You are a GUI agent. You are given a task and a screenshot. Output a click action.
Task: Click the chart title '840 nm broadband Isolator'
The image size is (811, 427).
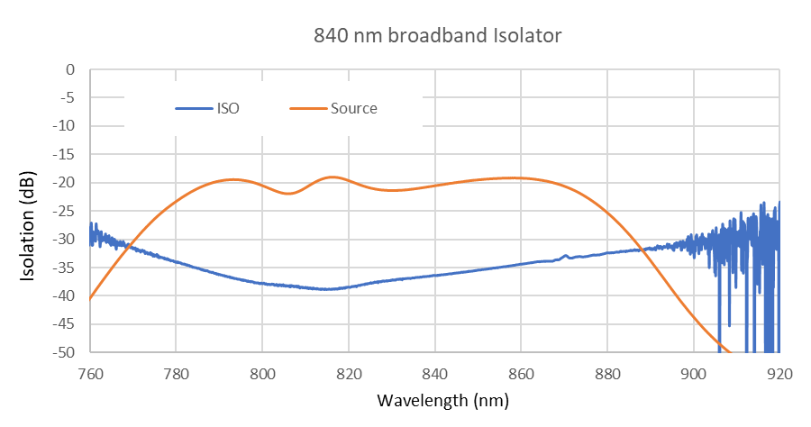(x=437, y=36)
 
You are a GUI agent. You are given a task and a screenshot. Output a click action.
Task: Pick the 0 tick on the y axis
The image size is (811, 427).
(x=69, y=69)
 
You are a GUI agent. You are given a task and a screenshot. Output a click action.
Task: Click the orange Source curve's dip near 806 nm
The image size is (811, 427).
(x=288, y=193)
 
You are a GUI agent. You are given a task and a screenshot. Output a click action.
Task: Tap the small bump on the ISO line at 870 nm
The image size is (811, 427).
(x=566, y=256)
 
